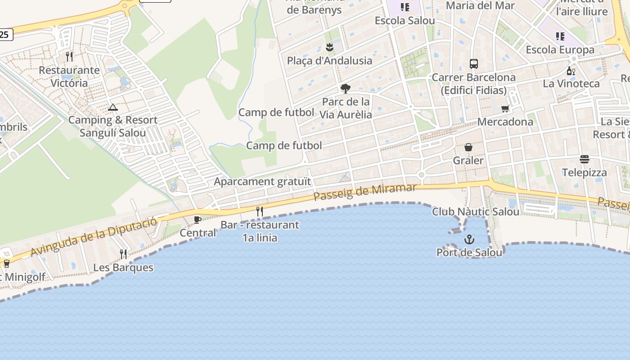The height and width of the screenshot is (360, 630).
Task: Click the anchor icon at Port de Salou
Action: (x=469, y=239)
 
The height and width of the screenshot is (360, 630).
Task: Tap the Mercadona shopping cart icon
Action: (x=505, y=109)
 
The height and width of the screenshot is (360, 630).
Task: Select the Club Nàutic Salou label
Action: (x=476, y=211)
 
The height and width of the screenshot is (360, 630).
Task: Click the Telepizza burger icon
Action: (x=585, y=159)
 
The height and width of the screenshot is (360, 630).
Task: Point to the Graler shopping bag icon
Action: (x=468, y=147)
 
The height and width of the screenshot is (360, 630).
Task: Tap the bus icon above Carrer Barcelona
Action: (x=474, y=63)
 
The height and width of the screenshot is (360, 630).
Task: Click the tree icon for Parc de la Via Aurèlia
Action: (x=346, y=88)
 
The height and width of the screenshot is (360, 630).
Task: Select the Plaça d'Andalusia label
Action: (x=329, y=61)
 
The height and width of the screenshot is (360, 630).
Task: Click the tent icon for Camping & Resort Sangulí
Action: (x=112, y=107)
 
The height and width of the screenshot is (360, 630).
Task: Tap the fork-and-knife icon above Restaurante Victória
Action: (x=69, y=57)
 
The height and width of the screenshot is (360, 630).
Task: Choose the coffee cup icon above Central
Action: (x=197, y=220)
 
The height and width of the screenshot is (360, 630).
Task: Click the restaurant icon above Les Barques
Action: (x=123, y=254)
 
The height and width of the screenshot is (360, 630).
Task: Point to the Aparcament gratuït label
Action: (x=262, y=182)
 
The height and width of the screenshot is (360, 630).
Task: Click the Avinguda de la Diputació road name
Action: (x=94, y=236)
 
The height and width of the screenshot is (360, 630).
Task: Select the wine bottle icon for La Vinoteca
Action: (x=571, y=71)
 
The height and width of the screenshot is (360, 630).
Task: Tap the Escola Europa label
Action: (x=560, y=49)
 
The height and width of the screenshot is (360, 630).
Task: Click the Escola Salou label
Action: (x=405, y=21)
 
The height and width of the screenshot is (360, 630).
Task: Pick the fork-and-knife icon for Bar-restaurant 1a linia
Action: (x=260, y=211)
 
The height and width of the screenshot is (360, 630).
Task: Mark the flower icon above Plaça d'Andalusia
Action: (x=330, y=47)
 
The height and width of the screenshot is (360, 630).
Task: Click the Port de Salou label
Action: (x=469, y=252)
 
